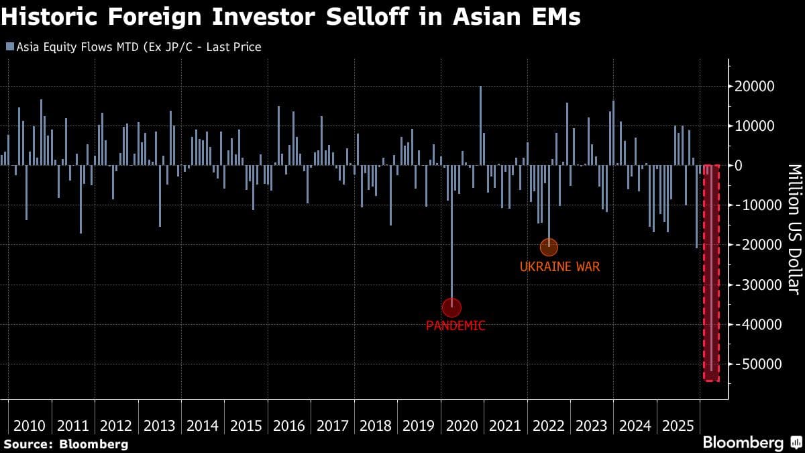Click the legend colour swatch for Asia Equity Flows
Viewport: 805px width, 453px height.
click(x=9, y=47)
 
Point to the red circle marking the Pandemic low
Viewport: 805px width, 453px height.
click(x=451, y=307)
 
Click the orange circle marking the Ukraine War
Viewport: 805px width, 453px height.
click(x=549, y=247)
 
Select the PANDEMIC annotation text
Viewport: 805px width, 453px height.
click(x=455, y=326)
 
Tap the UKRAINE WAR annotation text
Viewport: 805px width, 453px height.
click(x=559, y=266)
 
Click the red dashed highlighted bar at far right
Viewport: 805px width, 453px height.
click(x=711, y=272)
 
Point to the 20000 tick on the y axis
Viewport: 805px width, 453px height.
click(x=756, y=87)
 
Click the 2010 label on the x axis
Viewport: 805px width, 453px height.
click(x=30, y=425)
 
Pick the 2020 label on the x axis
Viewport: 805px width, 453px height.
click(x=462, y=425)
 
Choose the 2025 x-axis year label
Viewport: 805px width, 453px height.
click(x=678, y=425)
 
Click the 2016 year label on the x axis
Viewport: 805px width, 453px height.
click(x=289, y=425)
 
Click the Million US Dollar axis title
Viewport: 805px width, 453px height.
click(x=793, y=229)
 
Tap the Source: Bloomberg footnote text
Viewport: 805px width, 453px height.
click(x=66, y=444)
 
